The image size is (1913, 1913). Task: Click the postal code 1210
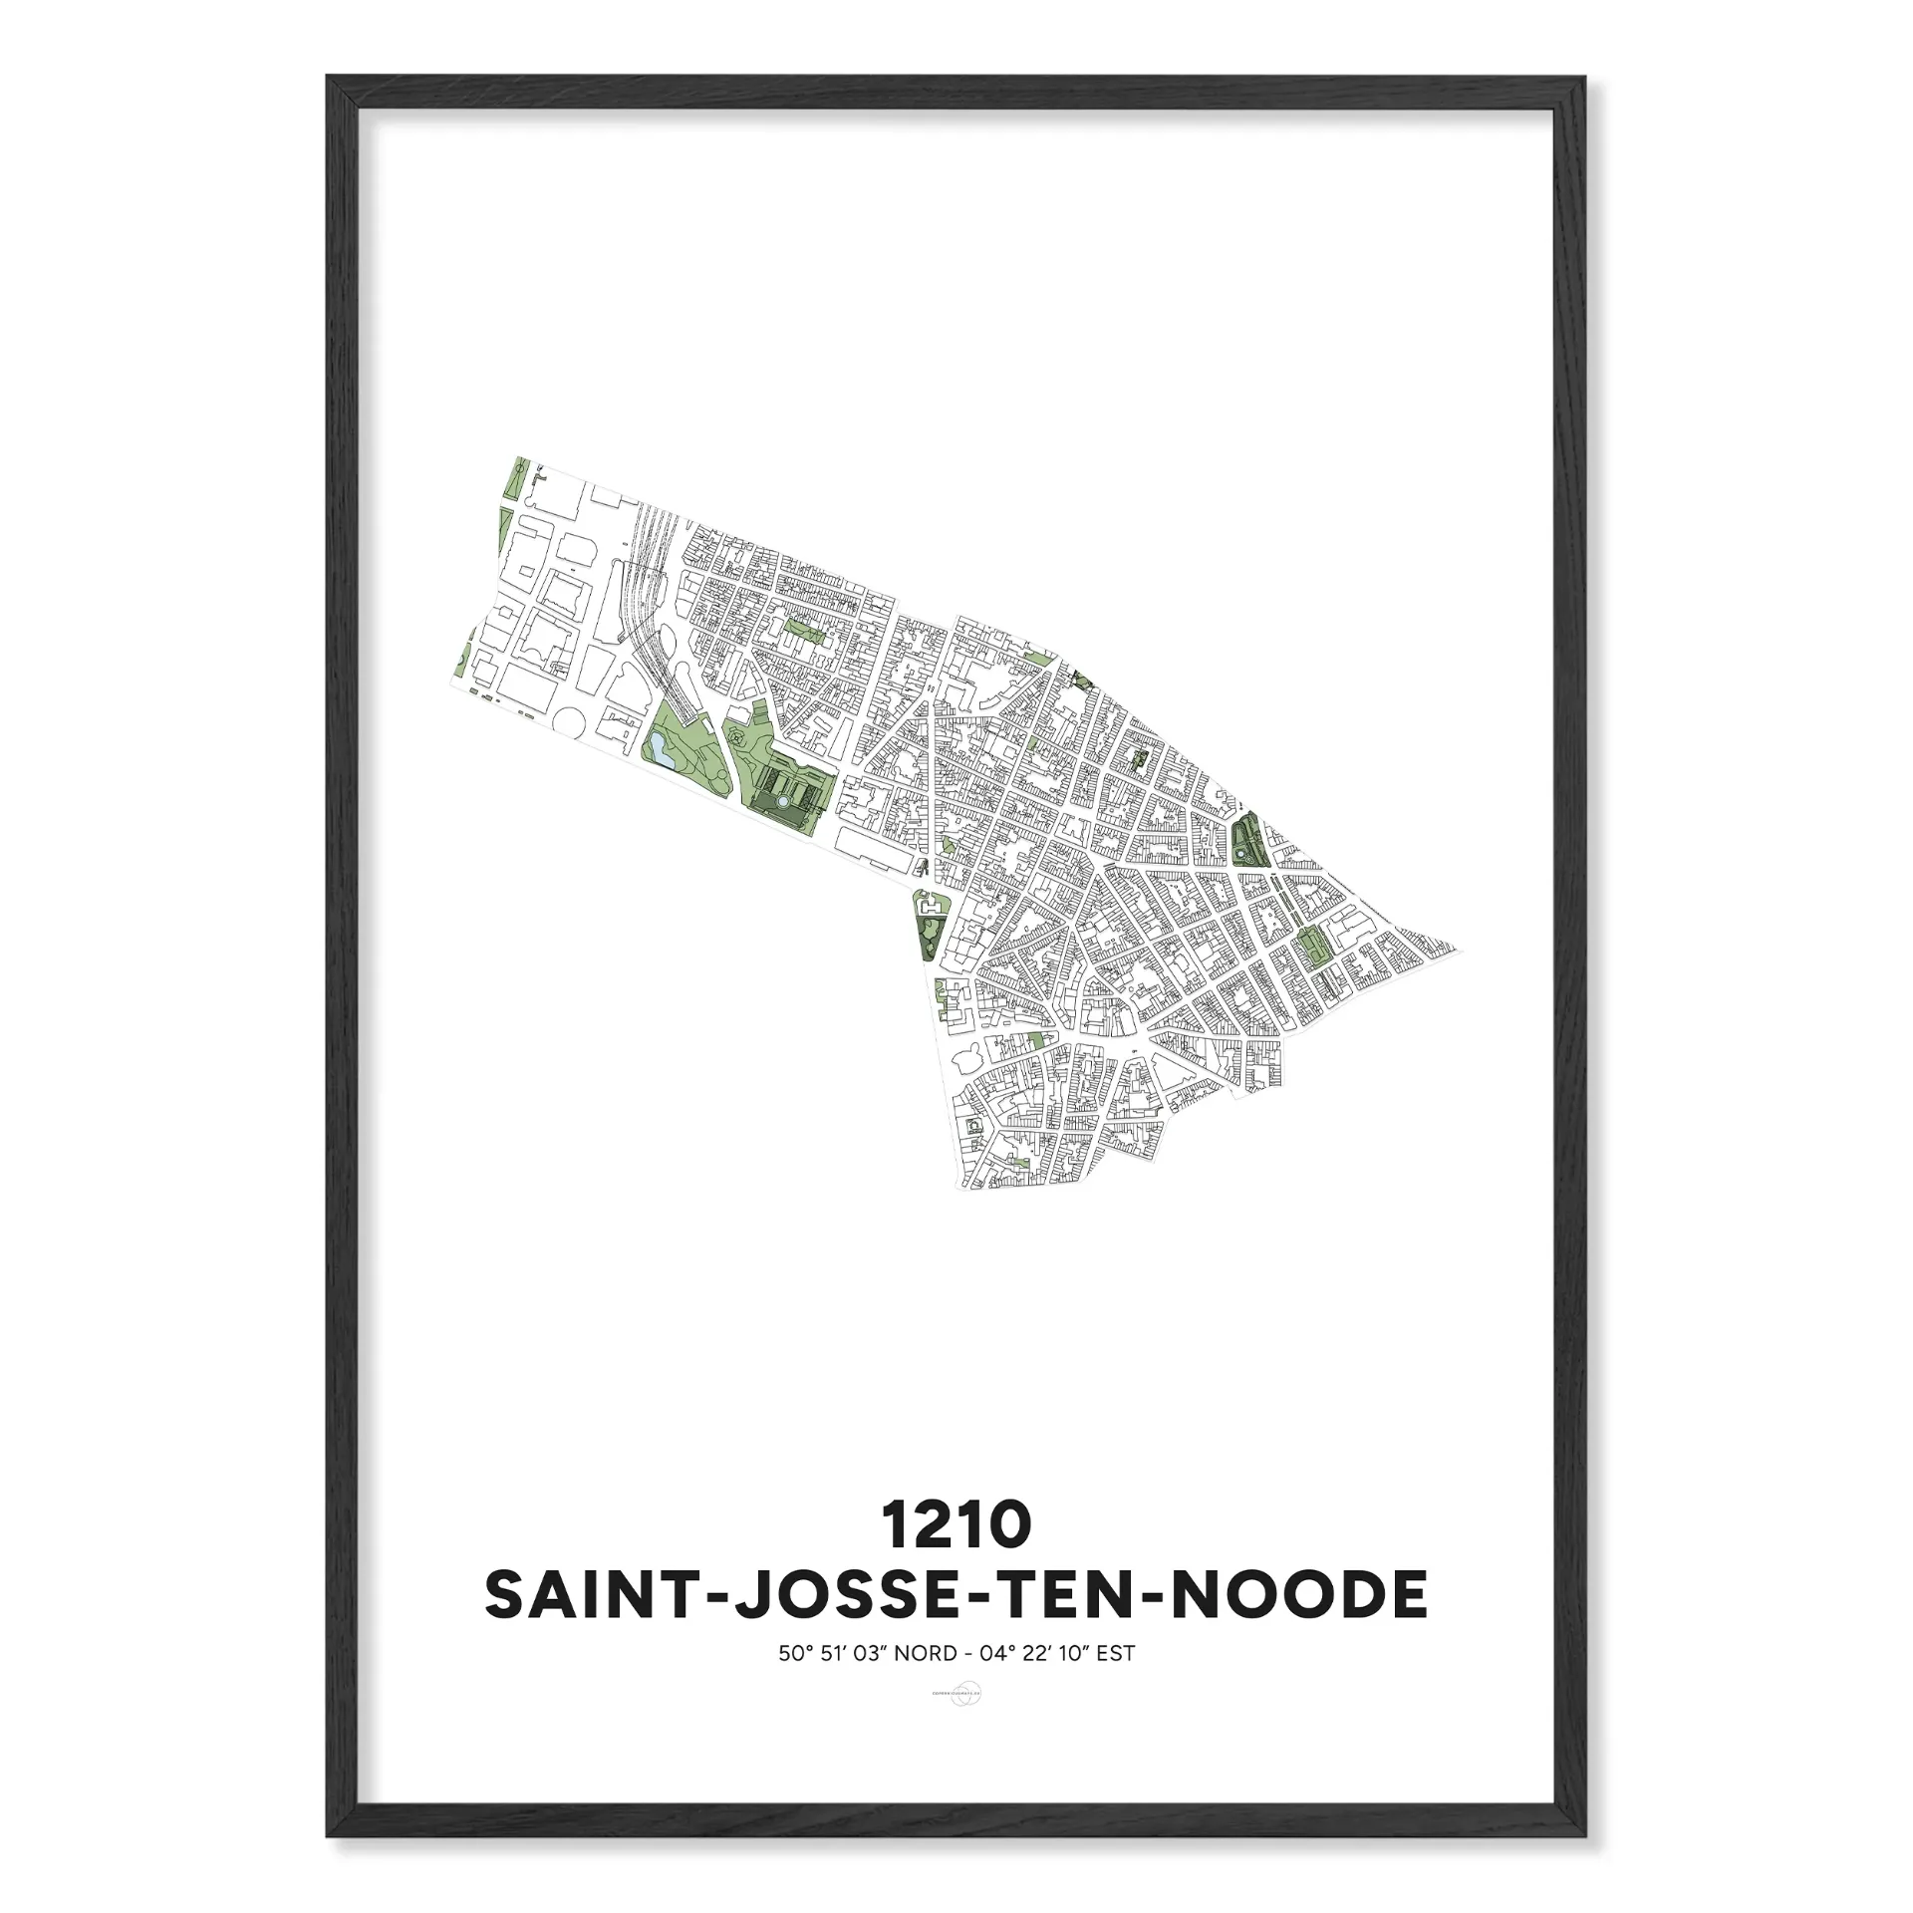956,1525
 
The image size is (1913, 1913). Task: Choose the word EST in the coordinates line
1116,1654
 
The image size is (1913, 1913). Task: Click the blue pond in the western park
661,753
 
